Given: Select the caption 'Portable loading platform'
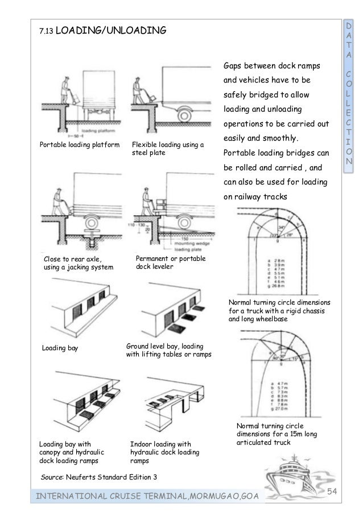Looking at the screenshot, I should tap(79, 145).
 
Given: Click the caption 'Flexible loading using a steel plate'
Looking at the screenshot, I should tap(167, 149).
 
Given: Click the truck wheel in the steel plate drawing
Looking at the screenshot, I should tap(184, 114).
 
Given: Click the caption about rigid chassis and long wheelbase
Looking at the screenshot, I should tap(279, 311).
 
